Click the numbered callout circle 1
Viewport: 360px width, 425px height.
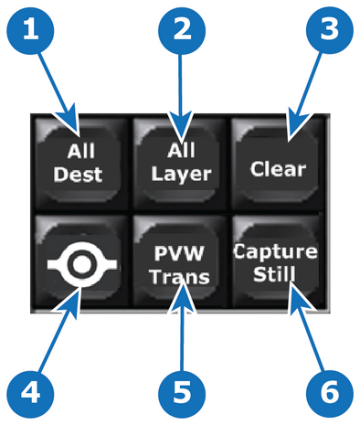30,31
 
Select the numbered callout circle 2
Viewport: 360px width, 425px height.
182,31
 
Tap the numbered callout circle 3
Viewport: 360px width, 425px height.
330,31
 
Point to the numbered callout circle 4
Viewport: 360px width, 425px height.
30,394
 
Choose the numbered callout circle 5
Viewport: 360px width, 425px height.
182,394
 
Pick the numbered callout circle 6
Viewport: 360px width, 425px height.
330,394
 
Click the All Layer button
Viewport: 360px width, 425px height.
180,164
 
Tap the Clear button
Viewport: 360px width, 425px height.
277,164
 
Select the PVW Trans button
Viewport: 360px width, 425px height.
180,261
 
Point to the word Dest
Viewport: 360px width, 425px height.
78,175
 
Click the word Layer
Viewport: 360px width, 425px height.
182,175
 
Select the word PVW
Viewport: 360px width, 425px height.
179,253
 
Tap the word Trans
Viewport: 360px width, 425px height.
180,277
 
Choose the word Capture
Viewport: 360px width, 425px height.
275,253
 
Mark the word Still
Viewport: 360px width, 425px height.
274,273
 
